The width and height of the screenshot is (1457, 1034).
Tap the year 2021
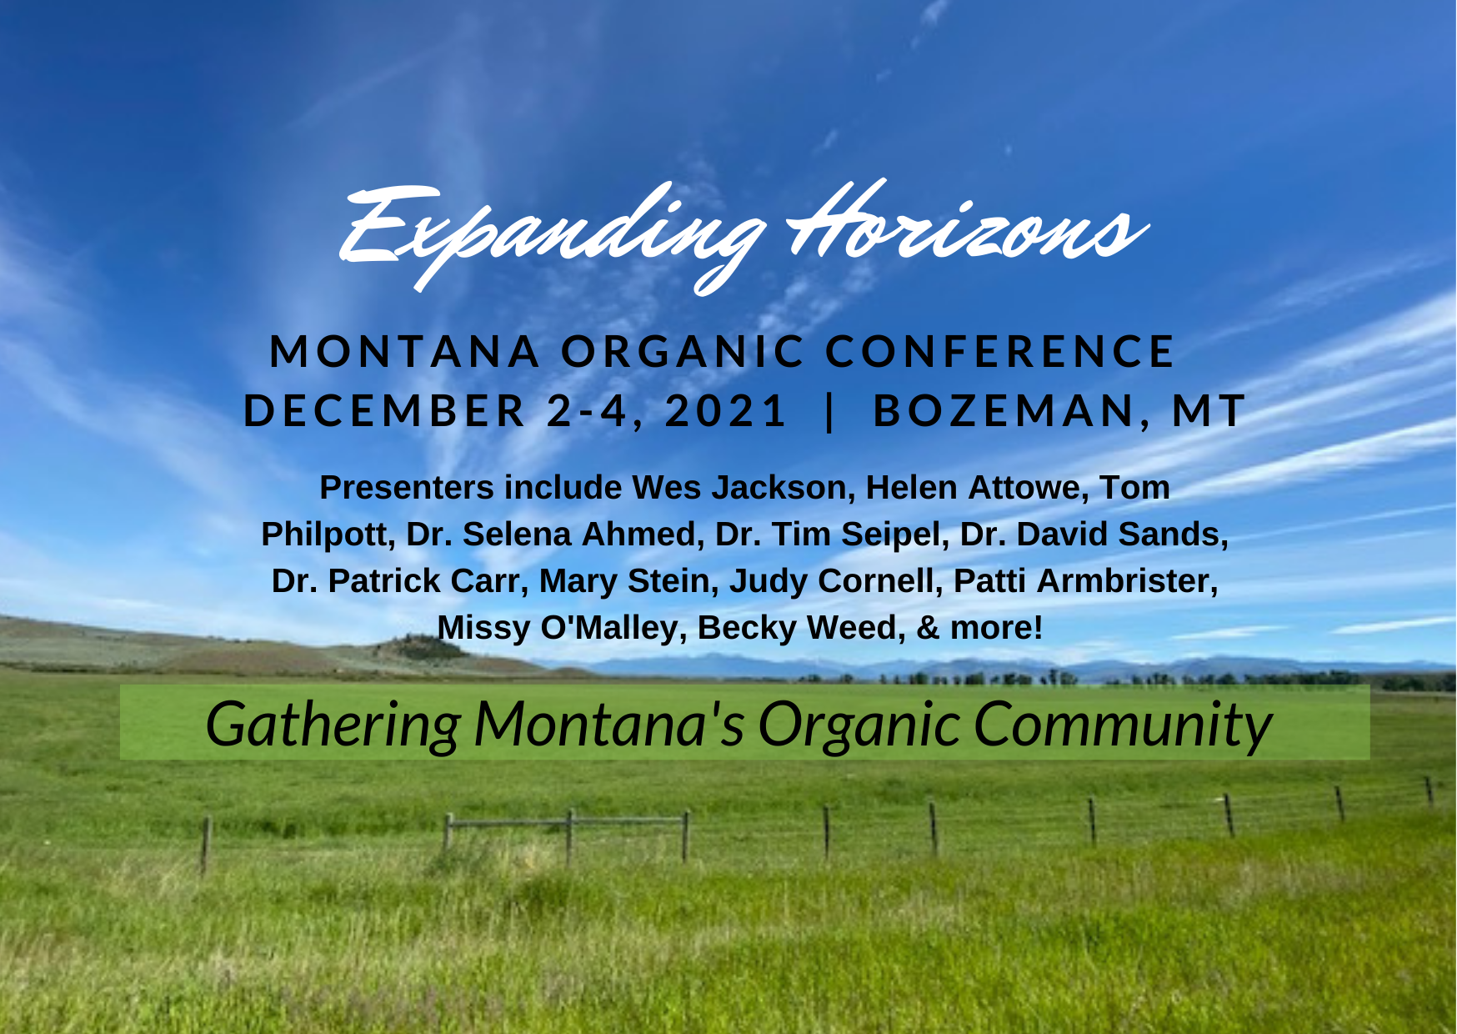pyautogui.click(x=725, y=410)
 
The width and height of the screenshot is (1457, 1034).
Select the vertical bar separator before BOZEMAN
pyautogui.click(x=829, y=410)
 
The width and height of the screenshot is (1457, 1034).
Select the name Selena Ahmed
pyautogui.click(x=580, y=535)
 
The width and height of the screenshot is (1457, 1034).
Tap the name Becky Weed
pyautogui.click(x=801, y=628)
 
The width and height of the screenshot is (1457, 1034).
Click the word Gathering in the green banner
pyautogui.click(x=333, y=724)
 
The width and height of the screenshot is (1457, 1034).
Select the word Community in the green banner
pyautogui.click(x=1122, y=724)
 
